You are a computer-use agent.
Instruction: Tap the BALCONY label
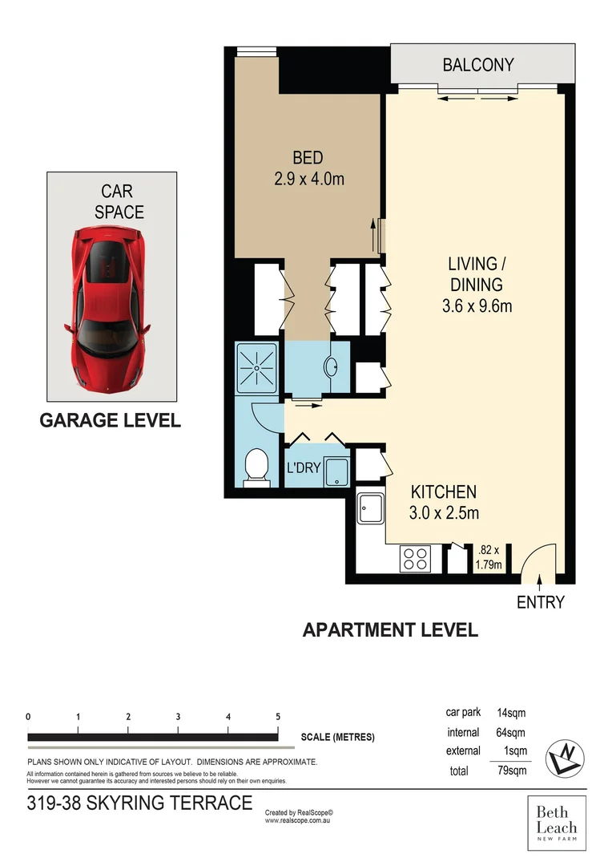tap(478, 65)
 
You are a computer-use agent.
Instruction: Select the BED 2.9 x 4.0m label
tap(308, 168)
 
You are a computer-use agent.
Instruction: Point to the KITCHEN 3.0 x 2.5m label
tap(443, 502)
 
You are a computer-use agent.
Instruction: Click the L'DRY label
tap(304, 467)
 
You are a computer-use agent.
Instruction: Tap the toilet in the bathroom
tap(256, 467)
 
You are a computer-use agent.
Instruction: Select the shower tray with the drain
tap(256, 367)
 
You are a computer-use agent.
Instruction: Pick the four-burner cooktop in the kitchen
tap(414, 558)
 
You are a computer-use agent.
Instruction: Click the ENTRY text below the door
tap(540, 602)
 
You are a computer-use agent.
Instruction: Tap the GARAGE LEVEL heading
tap(111, 420)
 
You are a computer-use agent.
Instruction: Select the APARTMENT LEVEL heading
tap(390, 629)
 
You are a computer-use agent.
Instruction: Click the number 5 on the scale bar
tap(277, 717)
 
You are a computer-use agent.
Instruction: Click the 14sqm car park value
tap(511, 712)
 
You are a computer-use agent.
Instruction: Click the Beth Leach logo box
tap(556, 823)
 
